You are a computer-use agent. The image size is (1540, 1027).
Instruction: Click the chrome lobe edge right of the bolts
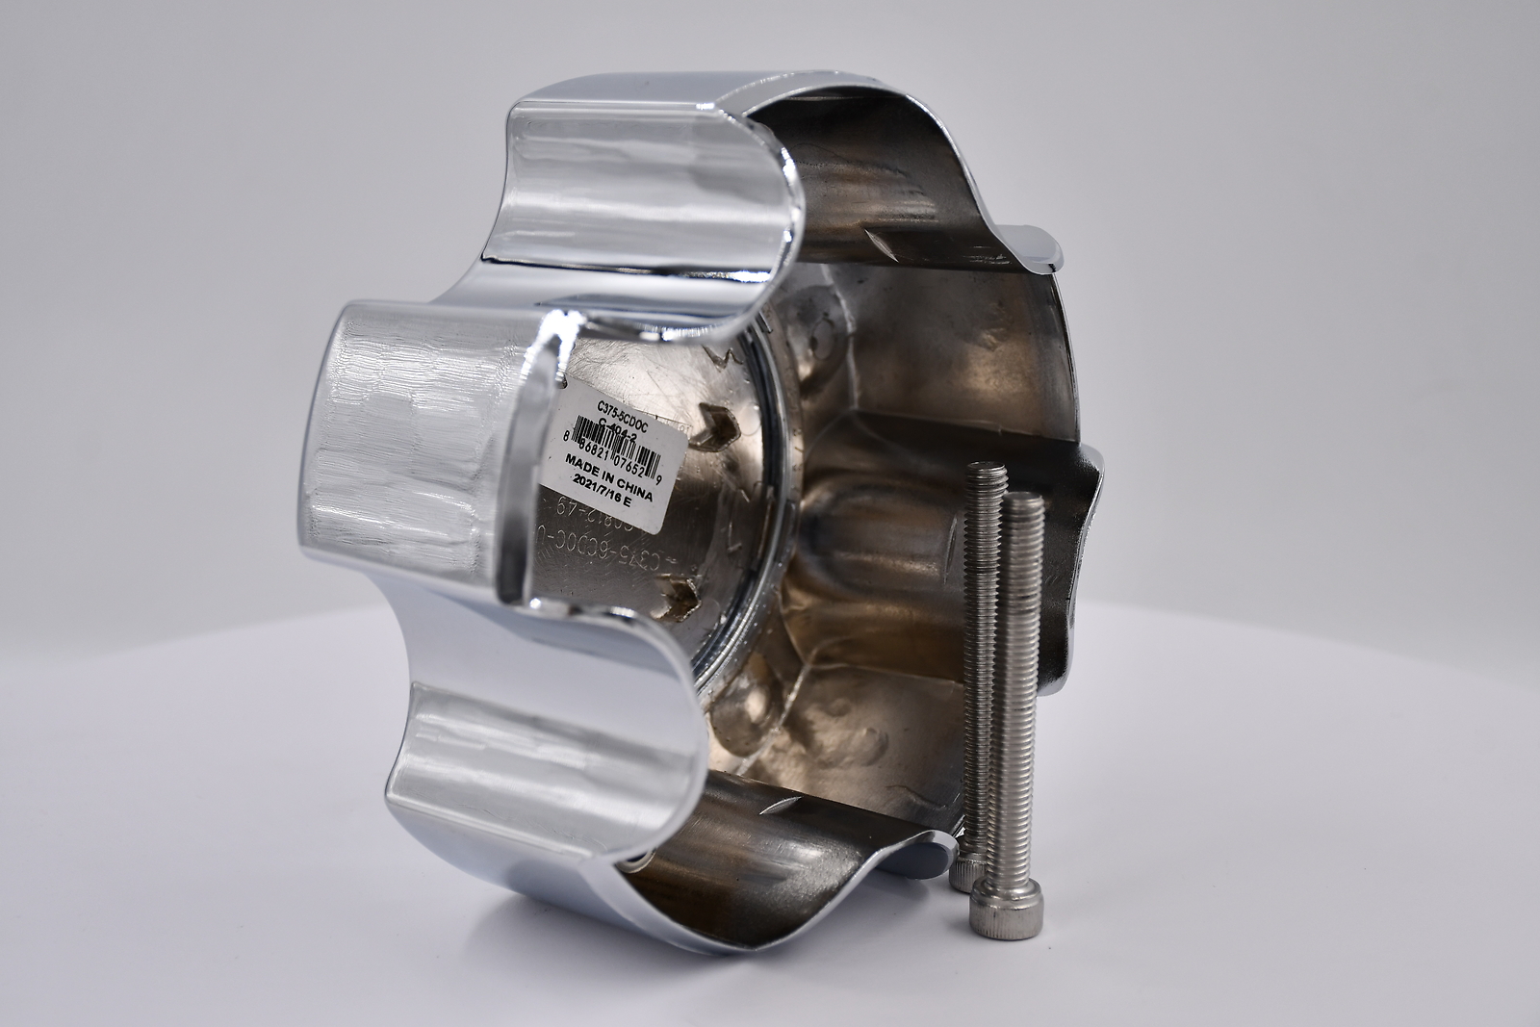(x=1083, y=539)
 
